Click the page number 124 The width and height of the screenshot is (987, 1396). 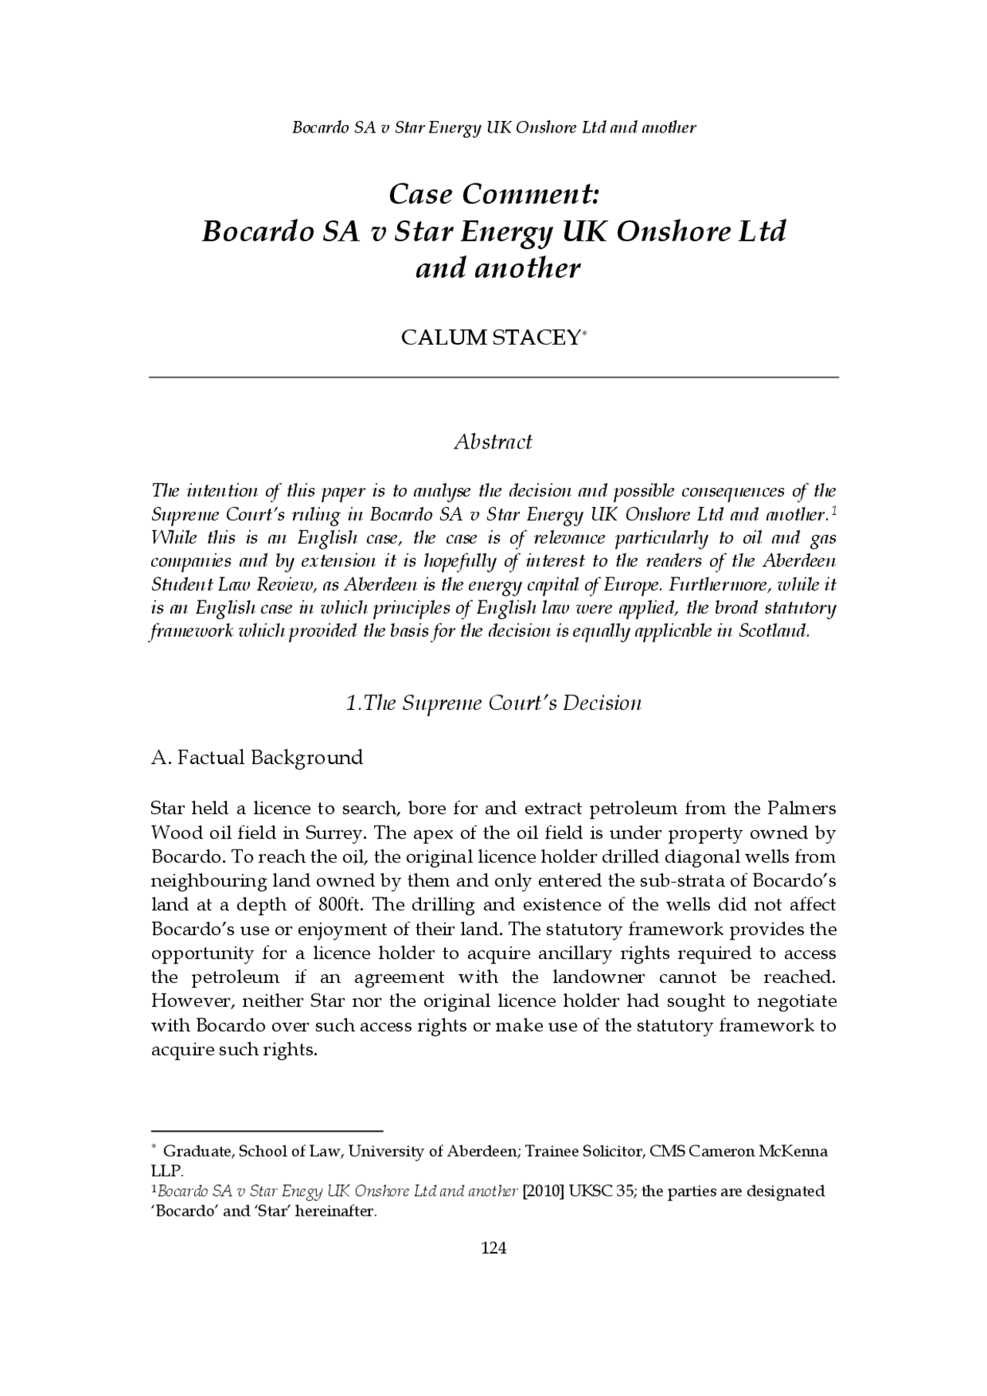[493, 1248]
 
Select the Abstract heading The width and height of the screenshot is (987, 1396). [493, 442]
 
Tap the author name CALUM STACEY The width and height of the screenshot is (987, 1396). [490, 338]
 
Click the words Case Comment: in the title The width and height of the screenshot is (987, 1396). [493, 194]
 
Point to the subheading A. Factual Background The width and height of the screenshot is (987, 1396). [257, 757]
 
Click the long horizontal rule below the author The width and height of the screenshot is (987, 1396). [493, 377]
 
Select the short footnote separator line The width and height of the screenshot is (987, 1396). [267, 1130]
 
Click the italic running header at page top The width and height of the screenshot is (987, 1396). [493, 127]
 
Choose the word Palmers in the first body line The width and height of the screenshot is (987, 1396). [802, 809]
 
